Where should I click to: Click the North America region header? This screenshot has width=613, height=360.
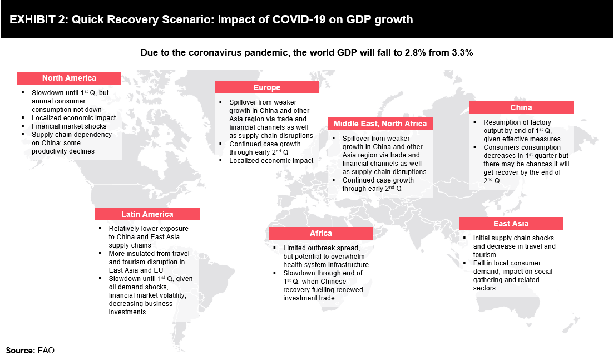pos(69,78)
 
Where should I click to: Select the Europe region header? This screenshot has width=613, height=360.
pos(267,87)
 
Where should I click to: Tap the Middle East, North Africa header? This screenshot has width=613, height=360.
pos(380,124)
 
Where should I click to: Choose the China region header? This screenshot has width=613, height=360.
pos(521,107)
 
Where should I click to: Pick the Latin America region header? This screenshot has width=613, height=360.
pos(147,214)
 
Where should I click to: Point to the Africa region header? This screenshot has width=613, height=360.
pos(320,233)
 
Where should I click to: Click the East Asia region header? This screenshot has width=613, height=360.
pos(511,224)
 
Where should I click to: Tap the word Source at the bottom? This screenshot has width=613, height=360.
pos(20,351)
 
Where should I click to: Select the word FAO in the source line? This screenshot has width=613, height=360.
pos(46,351)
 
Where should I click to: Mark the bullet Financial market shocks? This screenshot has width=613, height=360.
pos(70,126)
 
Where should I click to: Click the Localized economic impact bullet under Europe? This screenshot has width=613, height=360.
pos(271,161)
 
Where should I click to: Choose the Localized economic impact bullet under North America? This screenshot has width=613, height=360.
pos(73,118)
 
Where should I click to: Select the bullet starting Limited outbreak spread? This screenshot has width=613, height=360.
pos(325,256)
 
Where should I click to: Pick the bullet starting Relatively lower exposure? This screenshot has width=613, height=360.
pos(148,237)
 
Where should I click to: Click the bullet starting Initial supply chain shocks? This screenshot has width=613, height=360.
pos(514,242)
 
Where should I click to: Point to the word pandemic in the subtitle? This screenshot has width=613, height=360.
pos(271,53)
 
